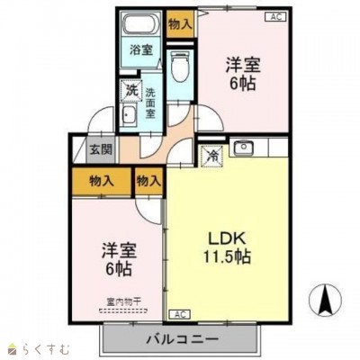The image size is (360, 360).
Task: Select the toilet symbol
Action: tap(180, 64)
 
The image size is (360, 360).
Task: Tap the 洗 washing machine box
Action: tap(131, 90)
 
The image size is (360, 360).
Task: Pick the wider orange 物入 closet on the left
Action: tap(102, 181)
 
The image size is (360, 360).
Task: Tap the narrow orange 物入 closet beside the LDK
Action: tap(148, 181)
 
